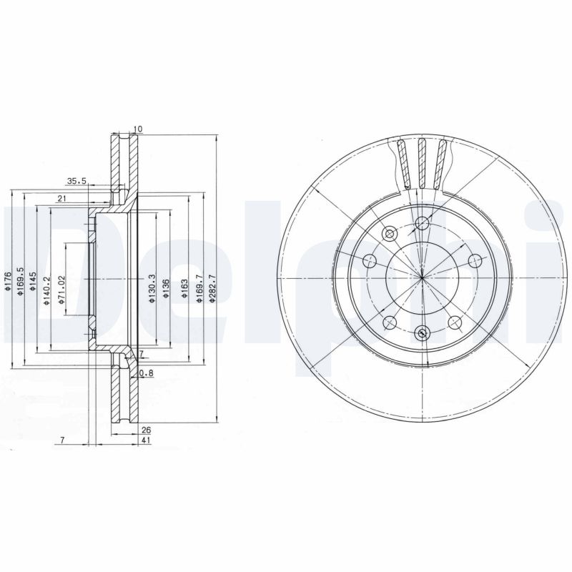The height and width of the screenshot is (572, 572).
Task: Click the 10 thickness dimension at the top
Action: pos(138,129)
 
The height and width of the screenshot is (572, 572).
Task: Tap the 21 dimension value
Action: pos(62,198)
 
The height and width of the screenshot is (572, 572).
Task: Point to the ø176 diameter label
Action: pos(8,282)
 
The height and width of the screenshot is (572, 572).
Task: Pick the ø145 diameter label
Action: pos(34,282)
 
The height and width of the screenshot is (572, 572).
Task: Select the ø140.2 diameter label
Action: pos(46,291)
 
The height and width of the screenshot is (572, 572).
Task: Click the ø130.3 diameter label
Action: pos(152,289)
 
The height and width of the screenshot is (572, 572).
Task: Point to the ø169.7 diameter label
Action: pos(197,289)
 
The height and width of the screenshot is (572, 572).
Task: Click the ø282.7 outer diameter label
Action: pos(212,289)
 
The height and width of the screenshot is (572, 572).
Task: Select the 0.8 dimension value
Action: pos(147,373)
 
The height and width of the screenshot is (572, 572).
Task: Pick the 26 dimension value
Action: pos(147,430)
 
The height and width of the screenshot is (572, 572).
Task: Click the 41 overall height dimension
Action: pos(147,442)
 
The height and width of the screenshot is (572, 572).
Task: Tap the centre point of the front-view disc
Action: pos(422,277)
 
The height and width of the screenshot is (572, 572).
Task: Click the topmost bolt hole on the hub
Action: pos(422,223)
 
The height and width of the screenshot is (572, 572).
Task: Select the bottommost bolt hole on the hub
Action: pos(422,332)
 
